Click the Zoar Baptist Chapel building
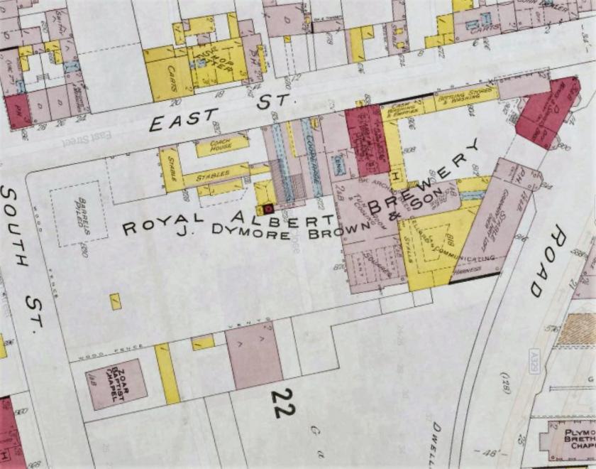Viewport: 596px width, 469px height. click(116, 384)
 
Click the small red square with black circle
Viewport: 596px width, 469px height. click(268, 208)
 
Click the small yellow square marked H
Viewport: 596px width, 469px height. click(396, 174)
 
